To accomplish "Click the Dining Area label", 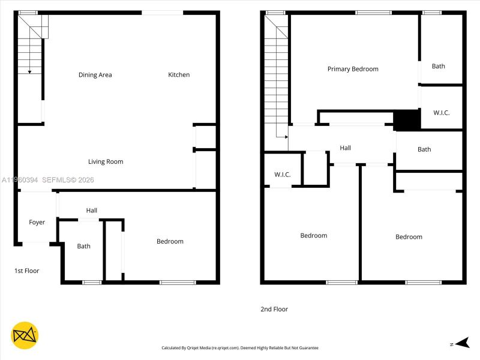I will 95,75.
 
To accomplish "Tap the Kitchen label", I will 179,75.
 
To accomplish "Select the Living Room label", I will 106,161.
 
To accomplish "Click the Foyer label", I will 37,223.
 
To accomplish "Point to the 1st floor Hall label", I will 91,211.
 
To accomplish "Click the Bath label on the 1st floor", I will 83,246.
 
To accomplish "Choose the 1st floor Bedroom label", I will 170,241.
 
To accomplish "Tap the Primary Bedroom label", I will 353,69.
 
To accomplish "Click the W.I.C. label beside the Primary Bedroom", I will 442,113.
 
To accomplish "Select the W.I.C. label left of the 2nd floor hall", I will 283,175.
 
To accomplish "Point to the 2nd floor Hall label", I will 345,148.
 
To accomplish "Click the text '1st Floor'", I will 26,271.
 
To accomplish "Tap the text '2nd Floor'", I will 274,310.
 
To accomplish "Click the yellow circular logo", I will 25,336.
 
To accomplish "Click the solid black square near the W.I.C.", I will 407,120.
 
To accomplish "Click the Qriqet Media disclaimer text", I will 240,348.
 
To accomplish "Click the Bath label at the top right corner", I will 439,66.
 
